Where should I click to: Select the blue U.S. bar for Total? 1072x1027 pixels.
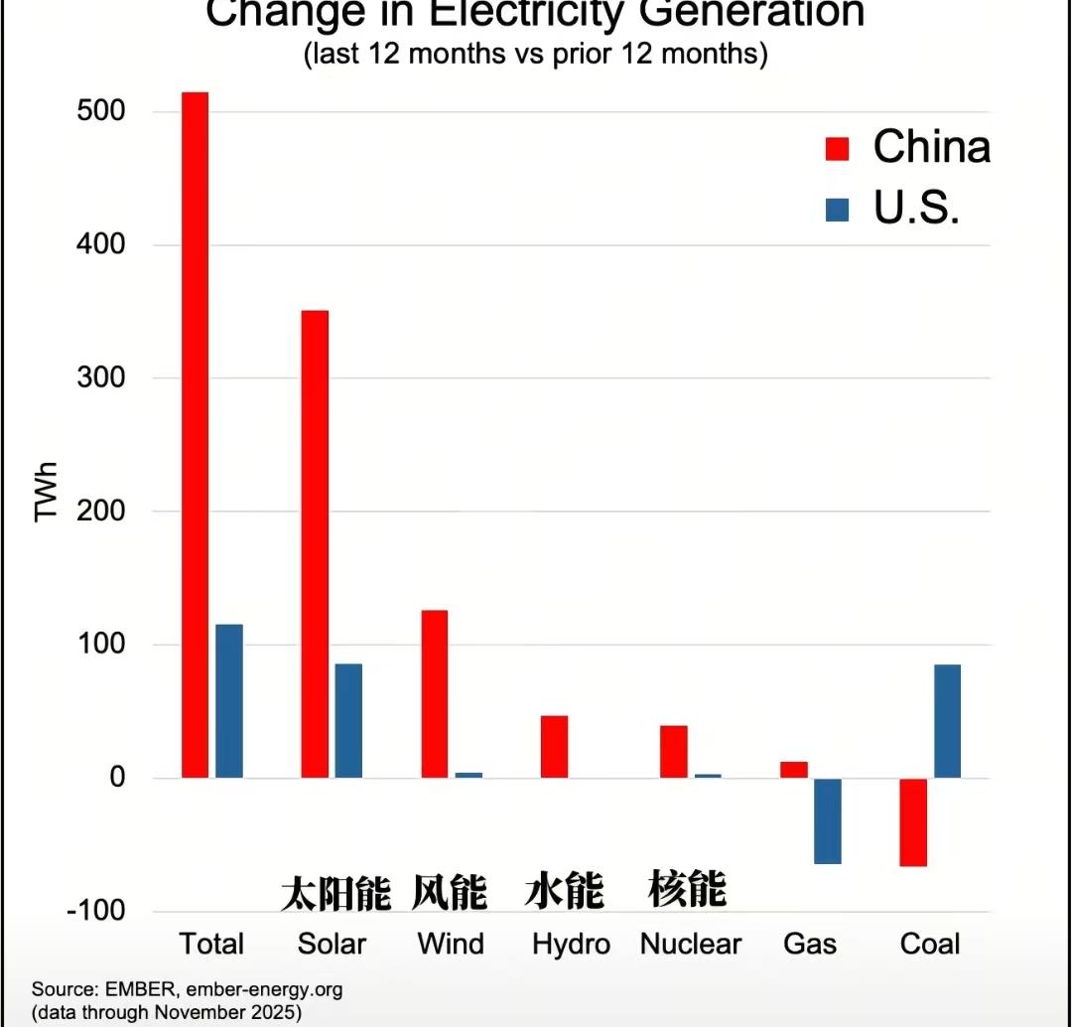229,701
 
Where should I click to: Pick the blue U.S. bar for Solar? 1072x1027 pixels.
348,721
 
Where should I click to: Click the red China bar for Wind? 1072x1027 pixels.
435,694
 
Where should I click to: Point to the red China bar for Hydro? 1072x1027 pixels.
554,747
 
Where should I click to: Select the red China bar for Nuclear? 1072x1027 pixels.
674,752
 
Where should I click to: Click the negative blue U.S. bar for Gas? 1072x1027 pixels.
827,821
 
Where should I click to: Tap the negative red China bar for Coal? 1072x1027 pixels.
913,822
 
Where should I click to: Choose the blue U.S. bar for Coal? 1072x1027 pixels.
947,721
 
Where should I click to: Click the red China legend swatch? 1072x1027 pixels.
838,149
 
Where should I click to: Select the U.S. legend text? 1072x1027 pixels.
916,208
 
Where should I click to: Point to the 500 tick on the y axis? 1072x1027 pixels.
101,111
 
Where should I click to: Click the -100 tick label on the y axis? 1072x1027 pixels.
95,911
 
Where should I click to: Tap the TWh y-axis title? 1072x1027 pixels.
46,492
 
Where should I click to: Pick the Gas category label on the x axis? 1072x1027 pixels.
810,944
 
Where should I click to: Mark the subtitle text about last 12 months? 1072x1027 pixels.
535,54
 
